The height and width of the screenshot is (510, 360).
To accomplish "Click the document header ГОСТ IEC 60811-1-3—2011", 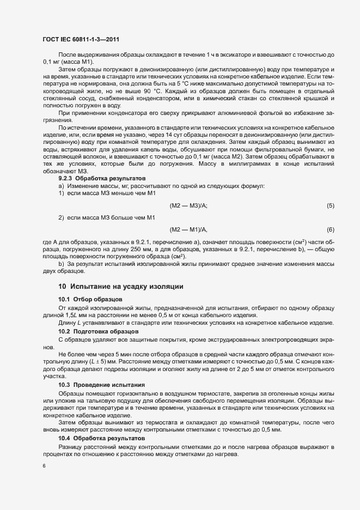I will [x=81, y=39].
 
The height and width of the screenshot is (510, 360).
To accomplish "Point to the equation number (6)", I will [x=330, y=229].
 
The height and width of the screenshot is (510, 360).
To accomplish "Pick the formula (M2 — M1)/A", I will [x=188, y=229].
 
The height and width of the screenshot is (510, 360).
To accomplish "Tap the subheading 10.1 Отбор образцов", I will [x=90, y=300].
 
